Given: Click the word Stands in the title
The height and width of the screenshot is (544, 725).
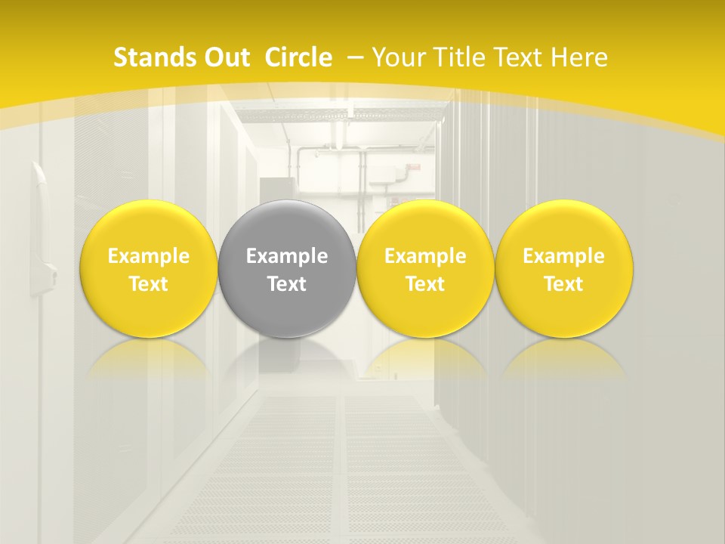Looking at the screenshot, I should pos(153,57).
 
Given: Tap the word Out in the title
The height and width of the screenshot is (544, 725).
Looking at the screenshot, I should pos(225,57).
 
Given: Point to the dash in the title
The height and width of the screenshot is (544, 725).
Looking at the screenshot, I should pos(355,58).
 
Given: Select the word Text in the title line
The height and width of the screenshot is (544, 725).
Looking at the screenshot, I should pos(521,57).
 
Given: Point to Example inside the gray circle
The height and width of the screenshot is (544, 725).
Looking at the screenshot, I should pos(286,256).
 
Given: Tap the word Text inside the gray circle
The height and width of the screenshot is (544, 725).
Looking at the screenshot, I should pos(286,284).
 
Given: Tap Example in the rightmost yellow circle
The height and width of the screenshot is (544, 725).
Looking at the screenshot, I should pos(563,256).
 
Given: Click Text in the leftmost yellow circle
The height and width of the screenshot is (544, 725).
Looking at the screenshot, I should pos(148,284).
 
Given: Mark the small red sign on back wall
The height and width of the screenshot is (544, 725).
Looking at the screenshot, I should pos(414,168).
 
